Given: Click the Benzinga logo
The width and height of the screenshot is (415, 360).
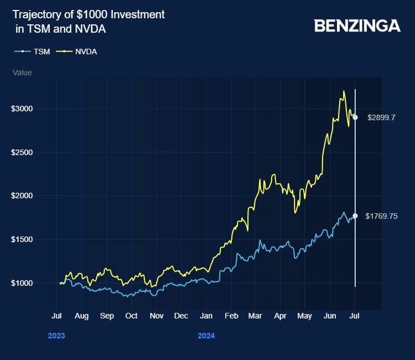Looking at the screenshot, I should tap(357, 25).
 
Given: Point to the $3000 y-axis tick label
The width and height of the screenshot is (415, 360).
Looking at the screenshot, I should tap(22, 109).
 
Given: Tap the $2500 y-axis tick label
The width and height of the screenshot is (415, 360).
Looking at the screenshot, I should tap(22, 152).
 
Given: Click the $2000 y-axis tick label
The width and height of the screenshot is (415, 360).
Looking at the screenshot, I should tap(22, 196).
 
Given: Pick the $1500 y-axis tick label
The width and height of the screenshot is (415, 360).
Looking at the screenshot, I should tap(22, 239).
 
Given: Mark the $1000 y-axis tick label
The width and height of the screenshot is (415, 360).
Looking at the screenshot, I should tap(22, 283).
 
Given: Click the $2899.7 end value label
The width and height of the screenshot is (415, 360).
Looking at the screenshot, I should tap(381, 117).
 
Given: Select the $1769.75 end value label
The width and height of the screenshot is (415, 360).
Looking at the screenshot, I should tap(382, 216).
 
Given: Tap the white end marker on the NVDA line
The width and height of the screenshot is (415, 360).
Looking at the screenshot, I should tap(355, 117).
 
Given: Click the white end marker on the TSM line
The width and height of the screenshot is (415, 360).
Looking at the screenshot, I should tap(355, 216).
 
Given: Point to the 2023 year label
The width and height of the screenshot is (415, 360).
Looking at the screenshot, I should tap(56, 336).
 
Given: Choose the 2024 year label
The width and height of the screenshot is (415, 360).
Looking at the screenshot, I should tap(206, 336).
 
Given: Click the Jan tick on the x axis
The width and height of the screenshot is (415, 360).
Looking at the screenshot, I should tap(206, 316).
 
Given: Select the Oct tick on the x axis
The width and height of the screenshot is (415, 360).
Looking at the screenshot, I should tap(132, 316).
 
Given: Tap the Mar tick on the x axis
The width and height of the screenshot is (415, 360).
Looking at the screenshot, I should tap(255, 316).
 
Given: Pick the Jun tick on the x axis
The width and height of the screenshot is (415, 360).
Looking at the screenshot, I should tap(329, 316).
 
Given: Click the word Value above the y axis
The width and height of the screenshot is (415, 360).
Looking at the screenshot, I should tap(22, 73).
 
